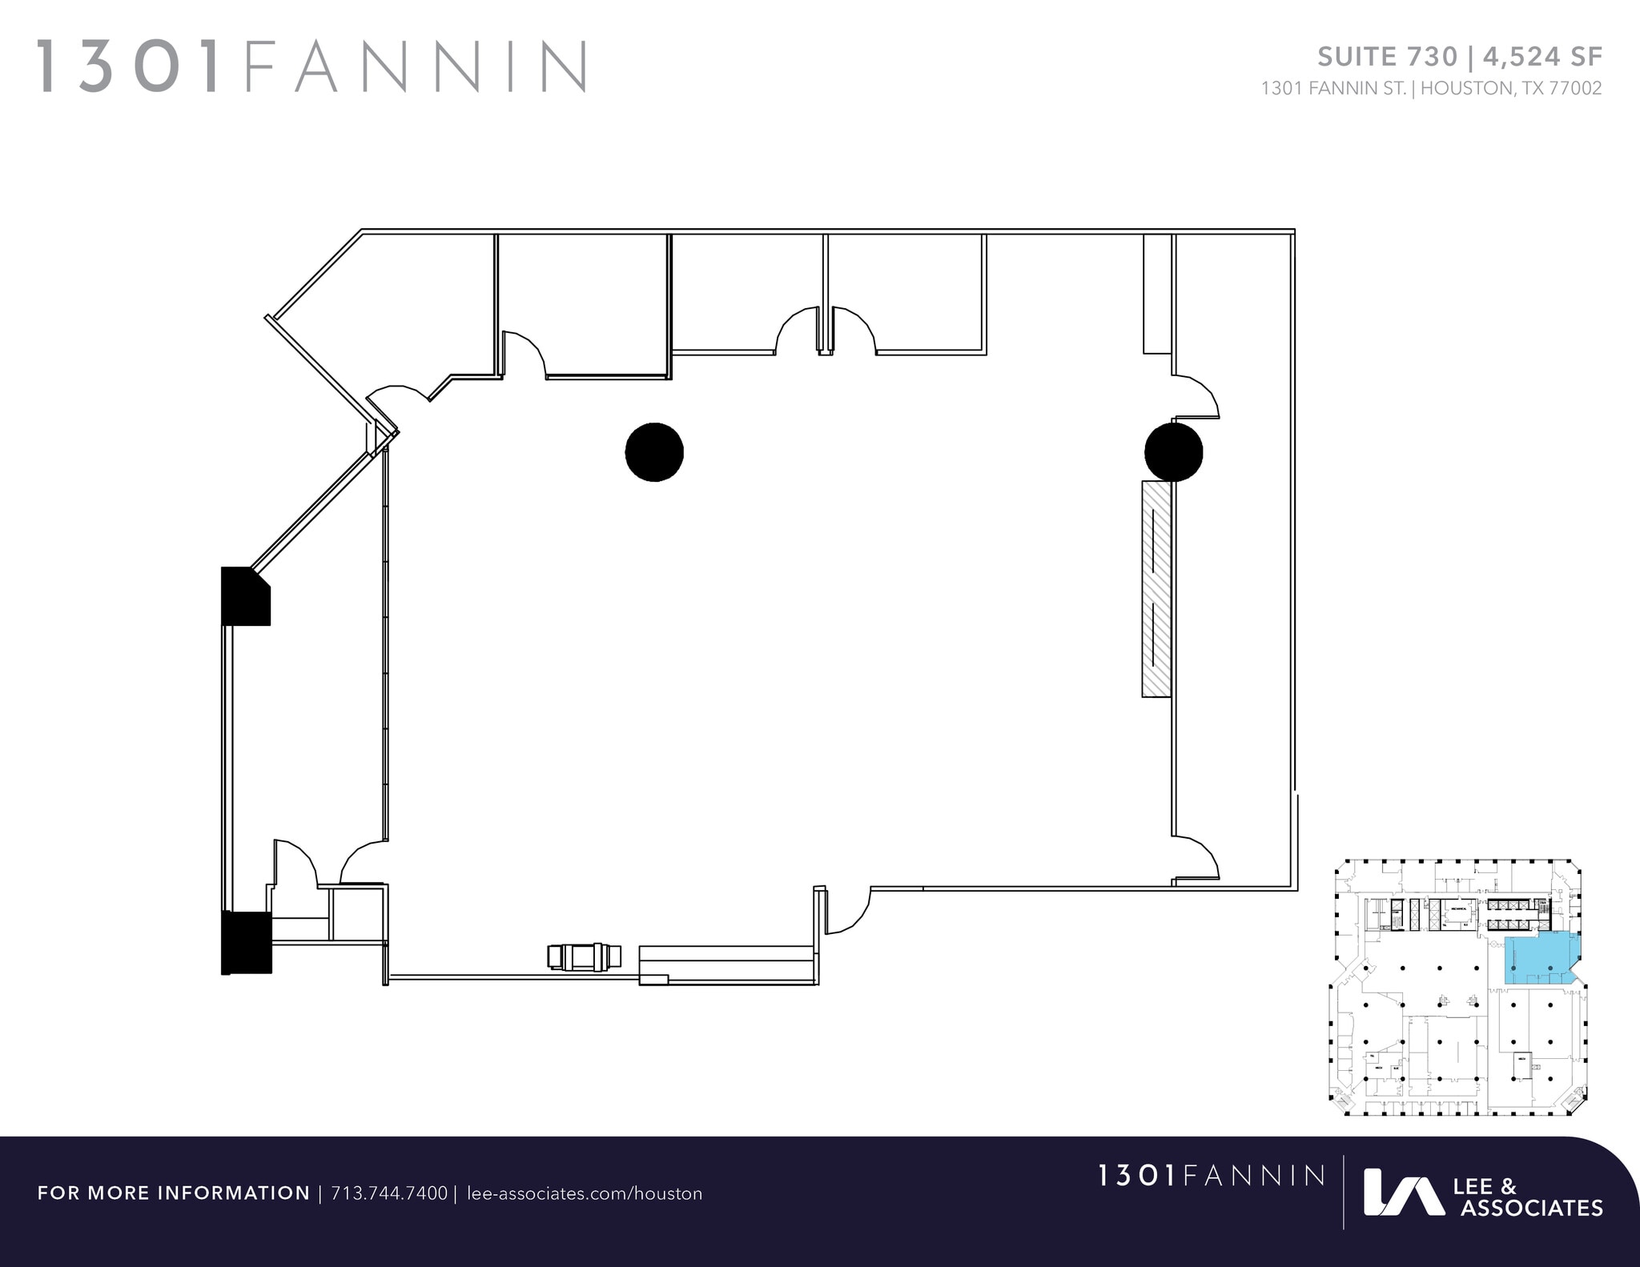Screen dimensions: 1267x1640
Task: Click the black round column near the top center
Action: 654,452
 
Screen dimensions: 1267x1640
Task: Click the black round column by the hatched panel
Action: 1173,452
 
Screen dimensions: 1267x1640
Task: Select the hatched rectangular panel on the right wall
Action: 1156,588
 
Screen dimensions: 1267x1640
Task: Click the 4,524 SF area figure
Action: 1542,57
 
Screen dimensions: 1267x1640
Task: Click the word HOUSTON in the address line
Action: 1466,89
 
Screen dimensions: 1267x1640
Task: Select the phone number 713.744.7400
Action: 389,1193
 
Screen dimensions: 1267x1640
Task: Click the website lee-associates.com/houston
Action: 584,1193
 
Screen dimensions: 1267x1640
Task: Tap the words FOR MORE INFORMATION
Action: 174,1193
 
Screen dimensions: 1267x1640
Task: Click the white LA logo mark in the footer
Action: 1403,1193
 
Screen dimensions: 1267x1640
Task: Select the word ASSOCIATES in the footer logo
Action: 1531,1208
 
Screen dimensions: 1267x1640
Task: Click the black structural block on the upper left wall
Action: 245,596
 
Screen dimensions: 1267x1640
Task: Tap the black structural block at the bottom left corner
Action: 246,942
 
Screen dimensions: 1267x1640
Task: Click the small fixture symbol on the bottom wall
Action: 585,956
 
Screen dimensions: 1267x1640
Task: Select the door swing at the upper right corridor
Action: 1198,398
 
